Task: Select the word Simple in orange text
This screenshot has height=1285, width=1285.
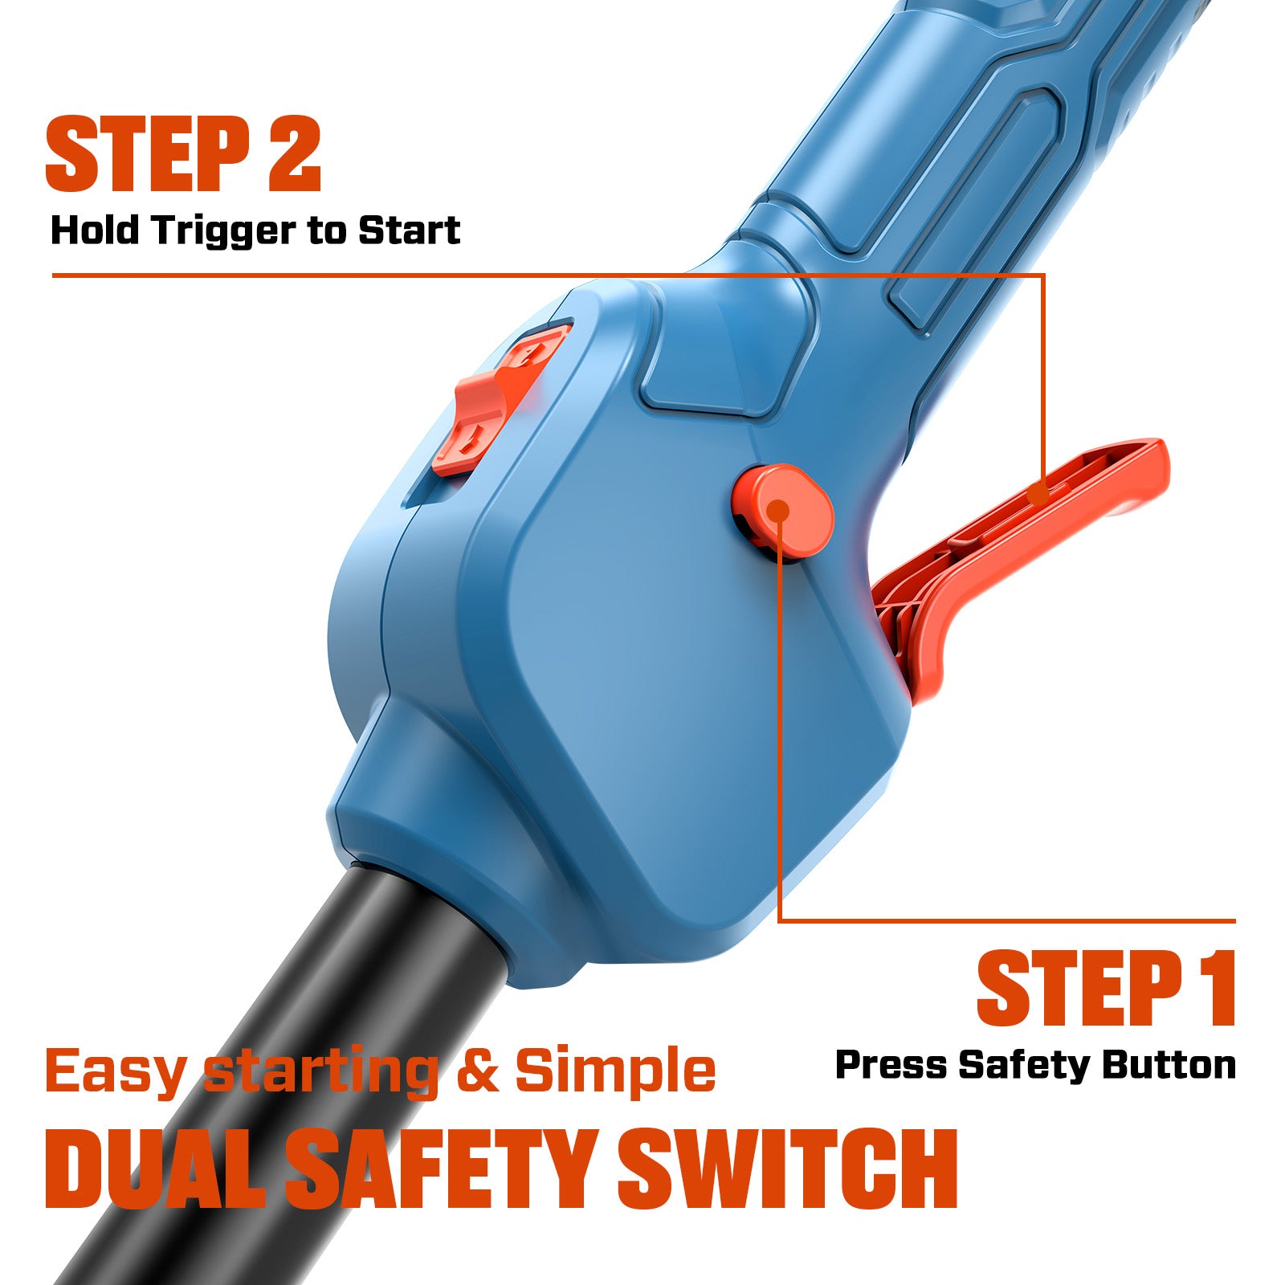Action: (x=615, y=1070)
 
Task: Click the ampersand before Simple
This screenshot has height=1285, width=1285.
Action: (x=478, y=1070)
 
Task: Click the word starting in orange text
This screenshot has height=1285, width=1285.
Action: (x=321, y=1073)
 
